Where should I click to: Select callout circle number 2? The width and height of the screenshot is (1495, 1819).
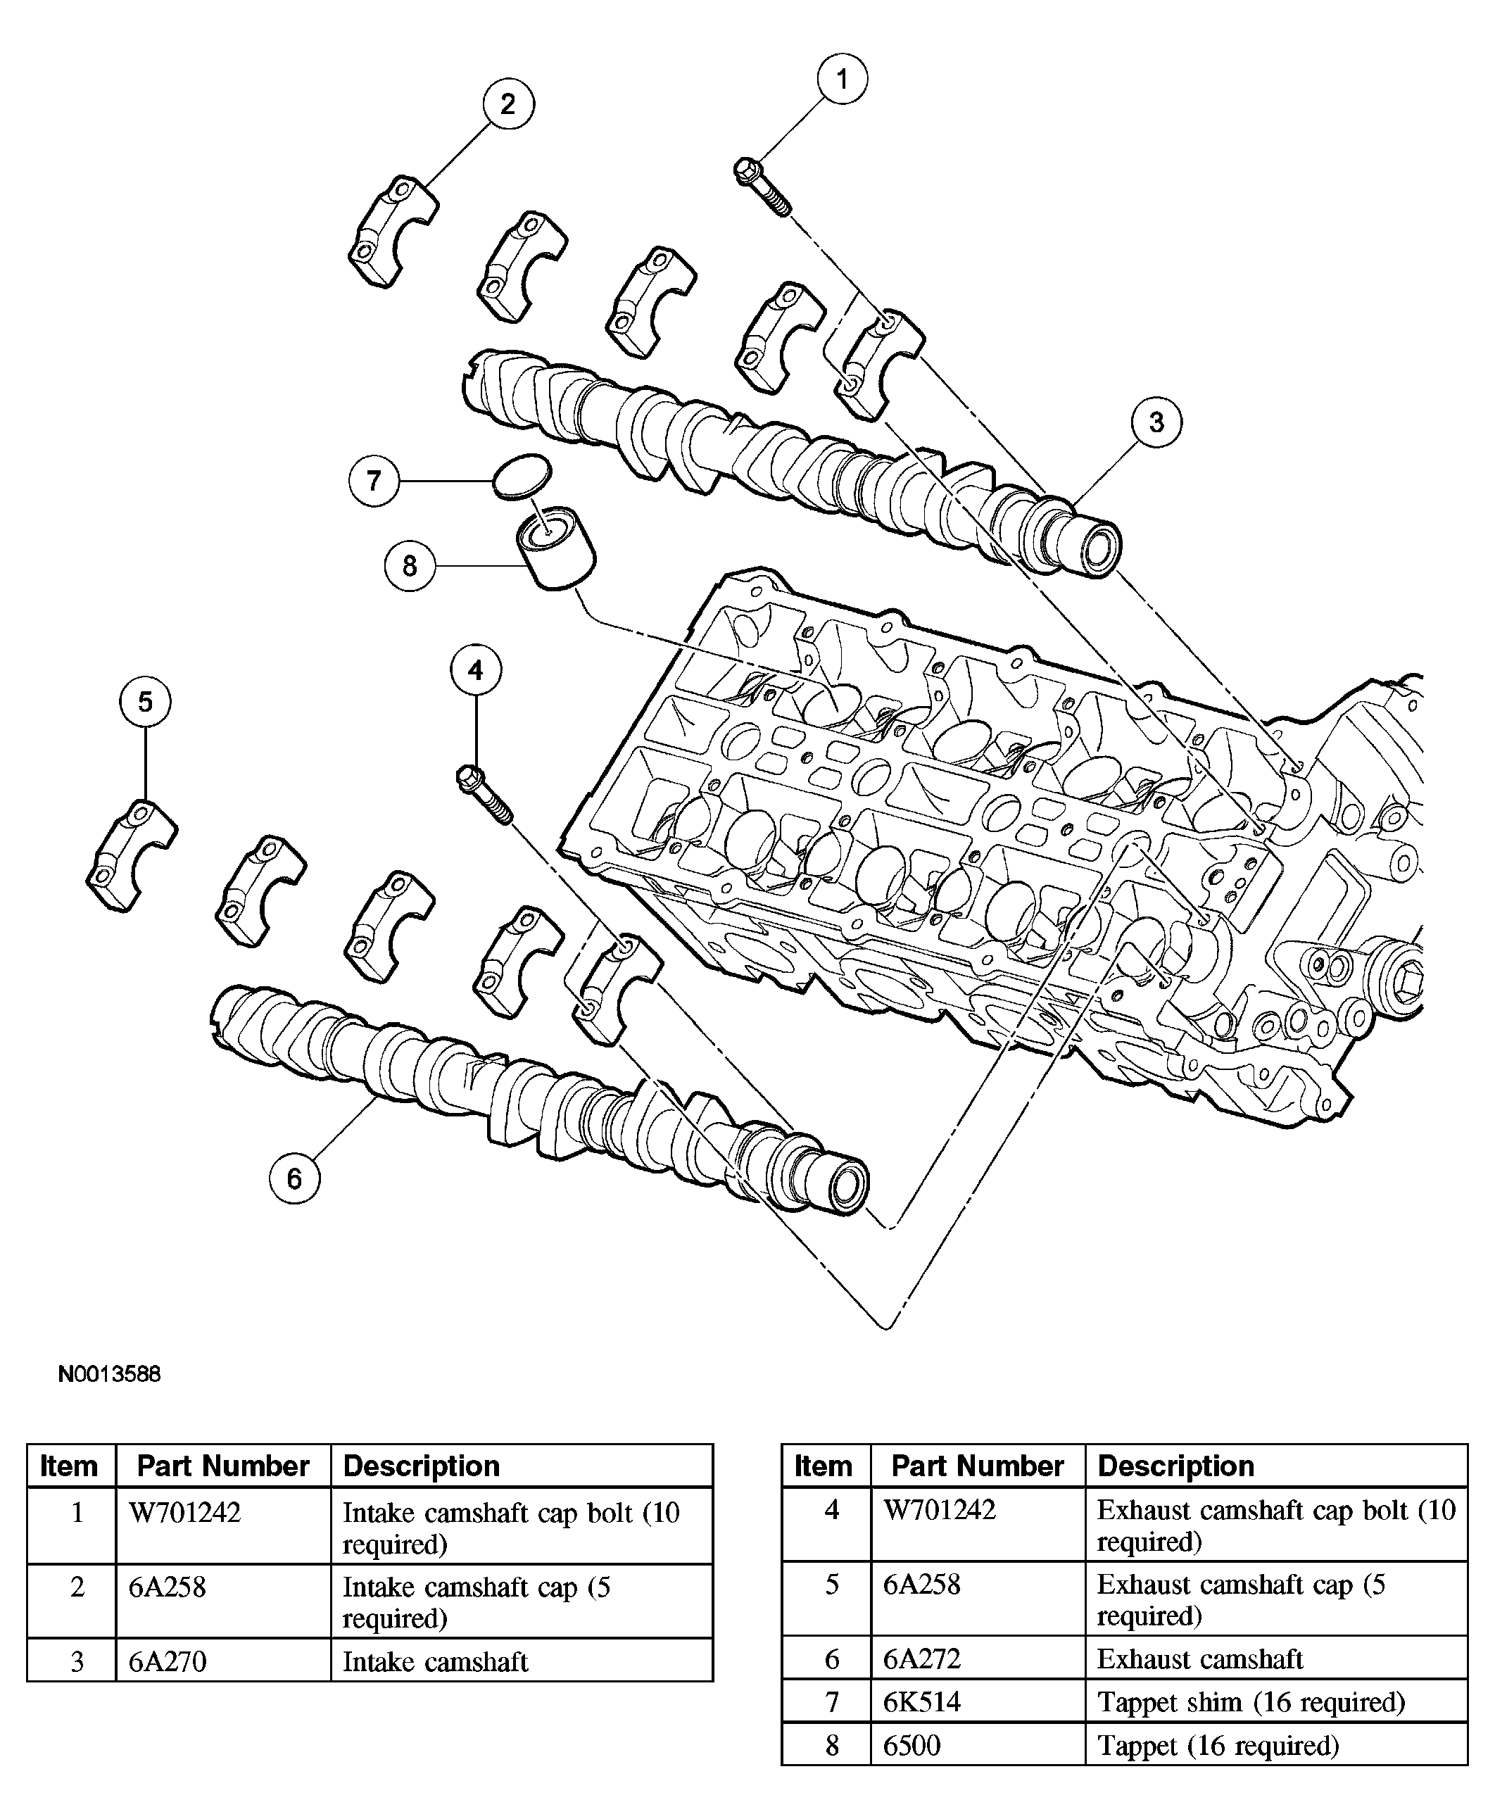pyautogui.click(x=508, y=103)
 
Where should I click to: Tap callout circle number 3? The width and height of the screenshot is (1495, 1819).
pyautogui.click(x=1156, y=422)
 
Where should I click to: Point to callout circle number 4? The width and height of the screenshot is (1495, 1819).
pyautogui.click(x=475, y=669)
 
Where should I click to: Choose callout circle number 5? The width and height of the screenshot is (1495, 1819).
pyautogui.click(x=145, y=701)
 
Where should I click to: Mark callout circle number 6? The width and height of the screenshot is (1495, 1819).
pyautogui.click(x=294, y=1178)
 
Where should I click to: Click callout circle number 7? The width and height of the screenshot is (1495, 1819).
pyautogui.click(x=374, y=479)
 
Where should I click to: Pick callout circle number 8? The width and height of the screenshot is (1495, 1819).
pyautogui.click(x=410, y=565)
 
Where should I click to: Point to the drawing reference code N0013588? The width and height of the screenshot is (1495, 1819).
pyautogui.click(x=109, y=1373)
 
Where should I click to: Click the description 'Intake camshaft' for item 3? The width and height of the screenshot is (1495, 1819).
pyautogui.click(x=435, y=1661)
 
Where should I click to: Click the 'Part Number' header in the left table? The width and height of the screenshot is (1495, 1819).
pyautogui.click(x=223, y=1465)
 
